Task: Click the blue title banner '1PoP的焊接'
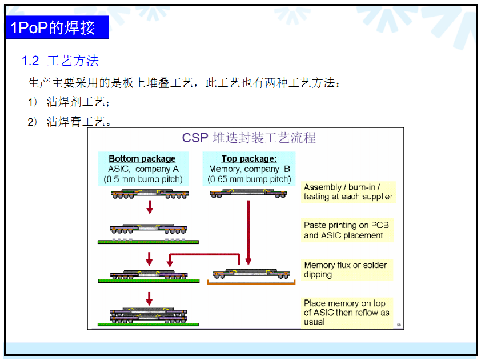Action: click(x=57, y=27)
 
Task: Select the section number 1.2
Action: click(x=30, y=61)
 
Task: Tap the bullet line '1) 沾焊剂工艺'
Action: click(x=69, y=102)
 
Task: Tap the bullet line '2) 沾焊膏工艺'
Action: click(x=69, y=122)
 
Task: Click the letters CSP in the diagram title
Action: click(x=195, y=138)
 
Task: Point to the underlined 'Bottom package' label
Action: click(x=142, y=159)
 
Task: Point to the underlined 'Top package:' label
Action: click(x=248, y=159)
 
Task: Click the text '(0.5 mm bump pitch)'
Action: click(x=143, y=179)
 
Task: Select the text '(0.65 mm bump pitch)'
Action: click(x=249, y=179)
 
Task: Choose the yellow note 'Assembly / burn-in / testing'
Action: click(x=348, y=192)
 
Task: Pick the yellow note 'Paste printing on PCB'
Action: click(x=347, y=230)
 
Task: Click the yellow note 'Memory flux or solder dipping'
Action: click(x=347, y=270)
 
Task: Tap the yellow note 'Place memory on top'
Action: click(x=347, y=313)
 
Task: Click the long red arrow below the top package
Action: click(x=248, y=233)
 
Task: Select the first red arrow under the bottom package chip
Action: click(x=150, y=207)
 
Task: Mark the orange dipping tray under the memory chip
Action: click(x=251, y=283)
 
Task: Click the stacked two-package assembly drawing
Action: click(x=149, y=316)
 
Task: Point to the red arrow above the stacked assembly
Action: click(x=150, y=299)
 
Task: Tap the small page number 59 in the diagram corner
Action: click(x=399, y=325)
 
